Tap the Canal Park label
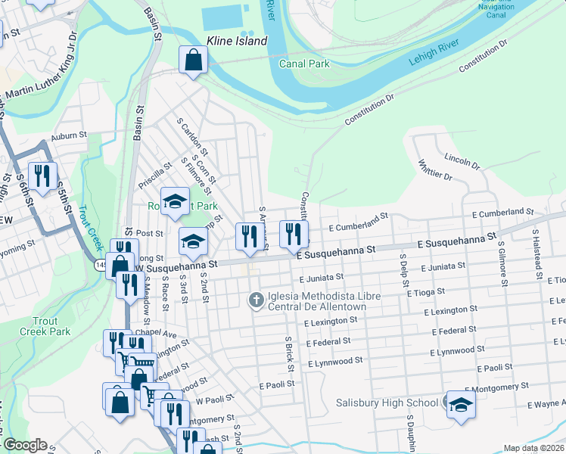coord(304,64)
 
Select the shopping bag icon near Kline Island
coord(193,60)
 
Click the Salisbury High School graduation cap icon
coord(461,404)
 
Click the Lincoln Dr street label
coord(462,160)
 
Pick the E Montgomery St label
coord(489,387)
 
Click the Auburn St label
coord(64,138)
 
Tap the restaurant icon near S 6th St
coord(42,176)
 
